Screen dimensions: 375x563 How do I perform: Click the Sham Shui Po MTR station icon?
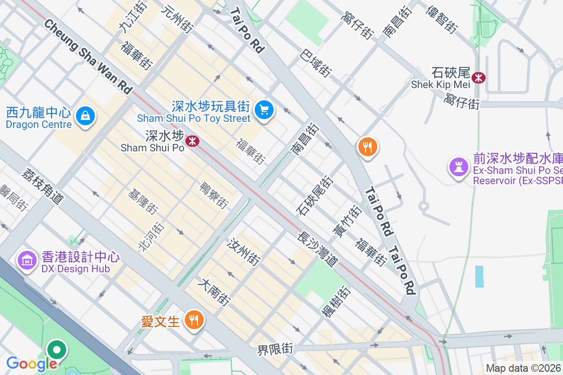click(192, 141)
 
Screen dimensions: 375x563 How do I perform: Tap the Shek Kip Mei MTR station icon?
click(479, 78)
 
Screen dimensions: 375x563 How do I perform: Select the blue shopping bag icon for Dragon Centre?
click(86, 115)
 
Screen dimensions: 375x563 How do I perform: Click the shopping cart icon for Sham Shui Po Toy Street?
click(264, 111)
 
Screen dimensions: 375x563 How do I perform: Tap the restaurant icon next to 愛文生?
click(193, 320)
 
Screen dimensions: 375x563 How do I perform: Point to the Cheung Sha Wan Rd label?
click(88, 56)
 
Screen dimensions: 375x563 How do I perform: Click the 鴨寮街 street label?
click(214, 195)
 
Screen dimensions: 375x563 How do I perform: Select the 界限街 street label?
click(275, 349)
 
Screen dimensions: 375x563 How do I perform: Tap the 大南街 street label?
click(215, 292)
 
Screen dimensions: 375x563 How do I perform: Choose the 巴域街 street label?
click(316, 63)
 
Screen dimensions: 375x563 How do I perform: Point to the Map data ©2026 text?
click(523, 368)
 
